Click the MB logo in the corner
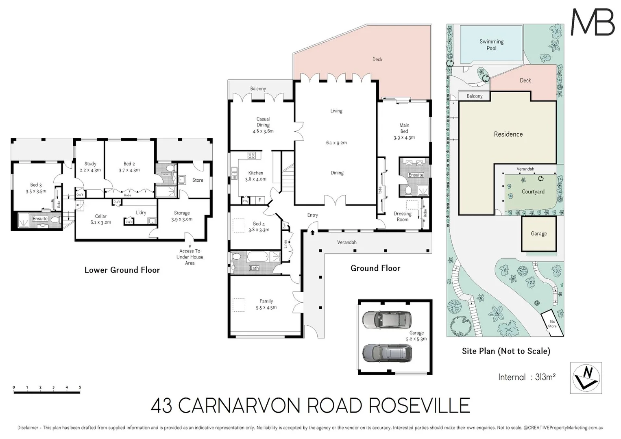593,22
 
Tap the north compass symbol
586,378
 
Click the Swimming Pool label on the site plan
491,45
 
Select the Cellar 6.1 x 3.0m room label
100,219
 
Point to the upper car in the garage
386,320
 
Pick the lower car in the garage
387,353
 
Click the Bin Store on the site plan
552,324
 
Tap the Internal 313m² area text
527,377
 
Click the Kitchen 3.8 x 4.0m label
255,176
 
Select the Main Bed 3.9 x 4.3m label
404,131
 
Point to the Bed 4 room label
259,227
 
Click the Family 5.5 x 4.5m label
266,304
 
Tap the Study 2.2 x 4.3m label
90,167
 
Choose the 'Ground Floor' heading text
375,268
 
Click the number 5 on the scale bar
80,387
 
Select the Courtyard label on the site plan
533,192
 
